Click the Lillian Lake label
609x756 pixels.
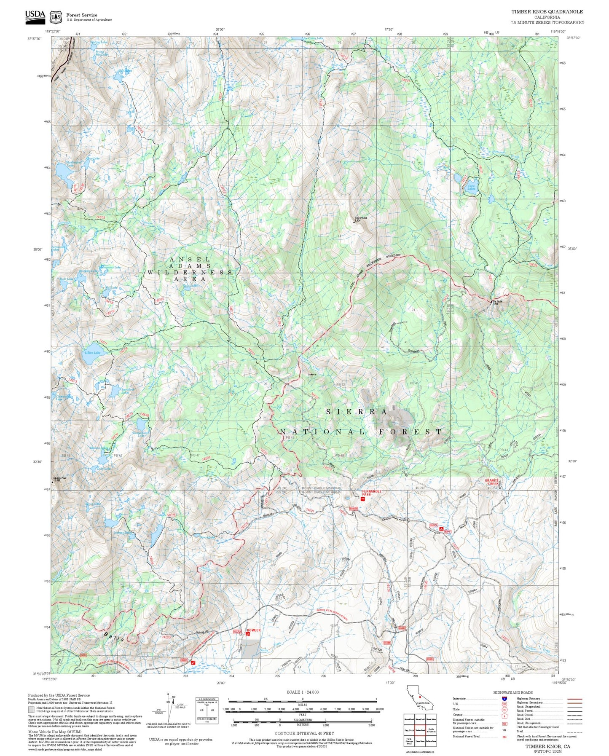click(x=92, y=352)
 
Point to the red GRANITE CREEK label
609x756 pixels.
click(x=492, y=482)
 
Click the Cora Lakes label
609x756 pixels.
click(x=471, y=187)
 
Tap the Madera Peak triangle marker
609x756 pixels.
click(x=53, y=482)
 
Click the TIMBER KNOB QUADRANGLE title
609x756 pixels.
click(x=547, y=12)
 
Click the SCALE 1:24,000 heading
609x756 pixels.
click(x=303, y=692)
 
